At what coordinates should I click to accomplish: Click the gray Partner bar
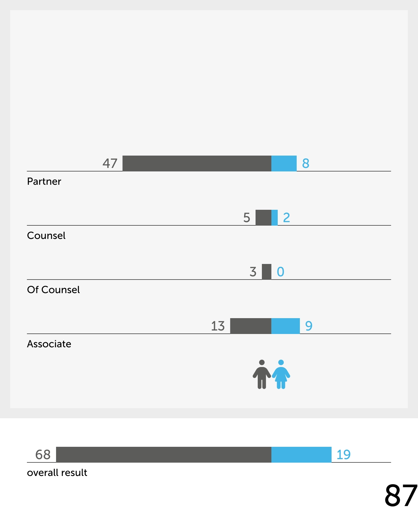click(x=197, y=163)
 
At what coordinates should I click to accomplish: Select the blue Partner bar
click(x=284, y=163)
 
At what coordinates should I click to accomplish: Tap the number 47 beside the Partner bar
click(x=110, y=164)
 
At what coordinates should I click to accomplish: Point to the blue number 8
click(x=306, y=164)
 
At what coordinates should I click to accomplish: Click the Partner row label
click(x=44, y=181)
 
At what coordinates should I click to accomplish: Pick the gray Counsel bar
click(x=263, y=217)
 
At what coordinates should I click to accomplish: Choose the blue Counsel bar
click(x=275, y=217)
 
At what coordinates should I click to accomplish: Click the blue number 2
click(x=286, y=218)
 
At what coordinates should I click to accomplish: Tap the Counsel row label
click(x=46, y=235)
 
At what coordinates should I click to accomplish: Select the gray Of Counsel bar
click(x=267, y=272)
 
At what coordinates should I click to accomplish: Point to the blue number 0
click(x=281, y=272)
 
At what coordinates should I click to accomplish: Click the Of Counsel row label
click(x=53, y=290)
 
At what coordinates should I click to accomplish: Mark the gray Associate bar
click(x=250, y=326)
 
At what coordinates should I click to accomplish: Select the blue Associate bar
click(x=285, y=326)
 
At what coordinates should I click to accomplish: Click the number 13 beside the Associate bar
click(x=218, y=326)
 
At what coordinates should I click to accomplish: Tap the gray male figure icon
click(x=262, y=374)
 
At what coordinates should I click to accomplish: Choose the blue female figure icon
click(x=281, y=374)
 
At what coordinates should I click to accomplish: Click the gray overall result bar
click(x=163, y=454)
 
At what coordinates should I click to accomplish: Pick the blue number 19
click(x=343, y=455)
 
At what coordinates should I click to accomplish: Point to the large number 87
click(x=401, y=495)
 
